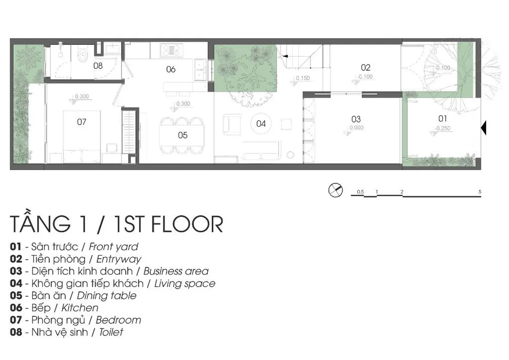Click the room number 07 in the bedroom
coord(81,122)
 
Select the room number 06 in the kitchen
coord(171,69)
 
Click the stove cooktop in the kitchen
coord(172,50)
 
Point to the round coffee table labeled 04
coord(261,124)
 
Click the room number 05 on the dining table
coord(183,135)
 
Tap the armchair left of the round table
coord(232,125)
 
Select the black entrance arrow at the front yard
coord(484,128)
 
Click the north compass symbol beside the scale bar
coord(335,190)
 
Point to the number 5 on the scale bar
coord(480,191)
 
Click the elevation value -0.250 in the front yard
coord(443,128)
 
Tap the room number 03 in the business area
coord(356,119)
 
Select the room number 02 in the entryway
coord(365,68)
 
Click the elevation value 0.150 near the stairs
coord(303,78)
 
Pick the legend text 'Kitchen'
coord(80,308)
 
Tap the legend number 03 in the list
coord(16,271)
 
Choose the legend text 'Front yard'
coord(114,247)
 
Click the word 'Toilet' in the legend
coord(111,332)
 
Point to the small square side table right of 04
coord(286,124)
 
